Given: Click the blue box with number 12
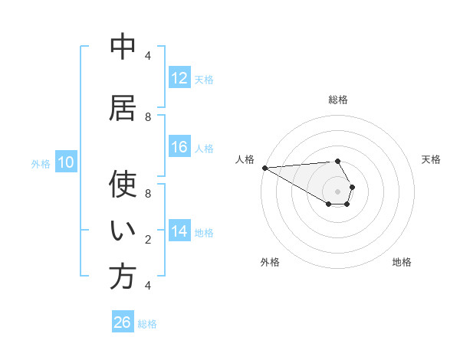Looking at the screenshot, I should coord(179,78).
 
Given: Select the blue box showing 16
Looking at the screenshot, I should coord(179,147).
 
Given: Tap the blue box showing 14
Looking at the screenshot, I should coord(179,231).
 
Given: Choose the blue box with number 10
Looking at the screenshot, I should coord(66,162).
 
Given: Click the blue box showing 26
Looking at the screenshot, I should coord(123,322).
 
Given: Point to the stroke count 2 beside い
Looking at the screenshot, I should coord(148,240).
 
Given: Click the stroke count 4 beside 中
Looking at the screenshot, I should coord(148,56).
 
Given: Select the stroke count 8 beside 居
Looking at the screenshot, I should coord(148,117).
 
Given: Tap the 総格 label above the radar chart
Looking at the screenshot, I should coord(337,100).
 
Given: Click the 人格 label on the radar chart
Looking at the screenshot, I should coord(245,159).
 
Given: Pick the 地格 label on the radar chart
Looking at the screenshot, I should coord(402,262).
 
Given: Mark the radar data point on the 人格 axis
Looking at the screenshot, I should coord(264,168).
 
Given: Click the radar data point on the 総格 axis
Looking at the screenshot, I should coord(337,161).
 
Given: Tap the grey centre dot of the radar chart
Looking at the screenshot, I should coord(337,191).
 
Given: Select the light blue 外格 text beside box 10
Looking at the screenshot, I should coord(41,163).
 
